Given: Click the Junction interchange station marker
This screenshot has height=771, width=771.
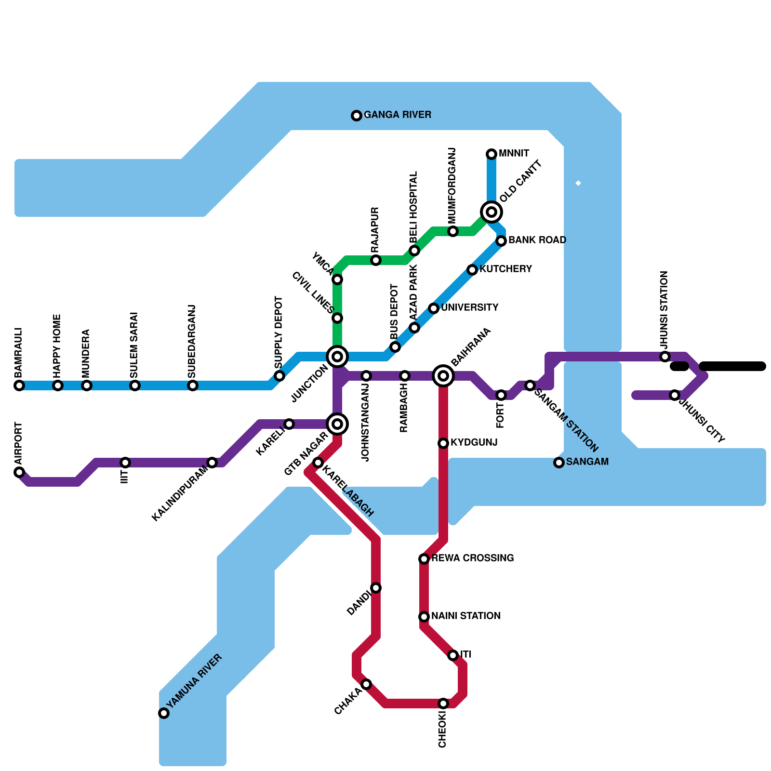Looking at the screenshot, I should pos(337,357).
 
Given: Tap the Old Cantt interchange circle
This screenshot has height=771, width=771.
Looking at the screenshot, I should pos(492,212).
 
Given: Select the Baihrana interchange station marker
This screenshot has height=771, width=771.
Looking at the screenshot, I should pos(443,376).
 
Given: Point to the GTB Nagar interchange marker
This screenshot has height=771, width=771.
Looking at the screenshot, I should pos(337,424).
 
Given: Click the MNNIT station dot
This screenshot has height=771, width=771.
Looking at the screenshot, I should pos(492,154).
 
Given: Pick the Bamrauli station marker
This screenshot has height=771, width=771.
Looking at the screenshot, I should pos(19,385).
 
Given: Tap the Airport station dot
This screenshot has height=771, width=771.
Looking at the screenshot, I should pos(19,472).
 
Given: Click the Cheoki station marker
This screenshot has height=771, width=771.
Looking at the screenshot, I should pos(443,704).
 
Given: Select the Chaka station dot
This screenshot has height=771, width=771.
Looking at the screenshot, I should pos(366,684).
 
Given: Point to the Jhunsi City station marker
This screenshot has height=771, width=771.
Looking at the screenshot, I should pos(675,395).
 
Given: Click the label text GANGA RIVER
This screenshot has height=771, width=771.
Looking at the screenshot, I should pos(397,115).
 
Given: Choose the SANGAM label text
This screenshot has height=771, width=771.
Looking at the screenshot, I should pos(587,462).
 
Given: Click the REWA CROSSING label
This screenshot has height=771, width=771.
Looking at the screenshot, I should pos(472,558).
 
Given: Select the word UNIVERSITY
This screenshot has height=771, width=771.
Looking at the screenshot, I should pos(469,308).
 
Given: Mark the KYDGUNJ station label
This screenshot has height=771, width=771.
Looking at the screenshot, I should pos(474,443).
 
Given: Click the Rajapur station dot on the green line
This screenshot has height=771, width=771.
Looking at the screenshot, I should pos(376,260).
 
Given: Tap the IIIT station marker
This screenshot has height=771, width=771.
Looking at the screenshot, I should pos(125,463).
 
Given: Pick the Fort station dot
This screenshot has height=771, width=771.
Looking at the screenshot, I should pos(501,395).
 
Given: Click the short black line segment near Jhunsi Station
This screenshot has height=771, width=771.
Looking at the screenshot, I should pos(679,367).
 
